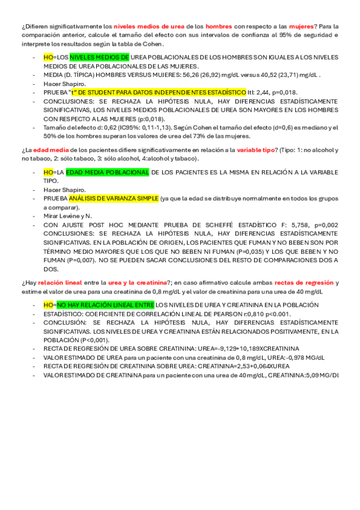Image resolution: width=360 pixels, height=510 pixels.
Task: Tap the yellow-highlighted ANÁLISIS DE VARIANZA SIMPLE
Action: click(114, 198)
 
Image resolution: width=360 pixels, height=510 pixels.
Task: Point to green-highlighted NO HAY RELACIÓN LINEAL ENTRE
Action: click(105, 305)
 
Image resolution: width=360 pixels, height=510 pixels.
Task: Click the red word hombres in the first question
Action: click(219, 27)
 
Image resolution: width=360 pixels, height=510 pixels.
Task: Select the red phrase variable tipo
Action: click(257, 150)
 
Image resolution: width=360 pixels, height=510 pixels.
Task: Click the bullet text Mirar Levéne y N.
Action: click(67, 215)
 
